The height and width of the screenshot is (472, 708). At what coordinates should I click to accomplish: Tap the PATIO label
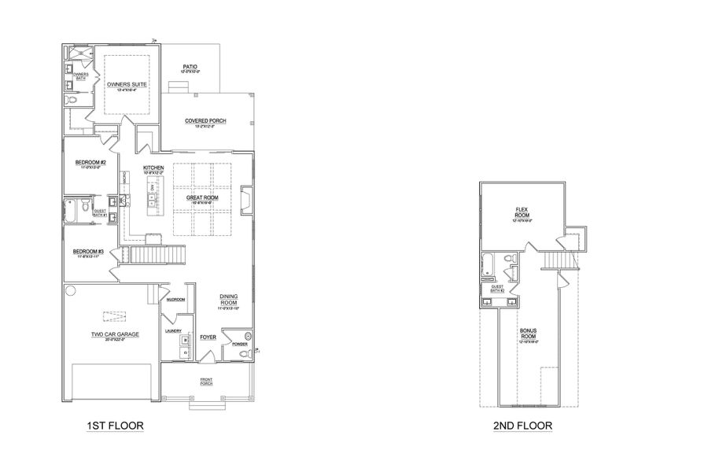pos(190,68)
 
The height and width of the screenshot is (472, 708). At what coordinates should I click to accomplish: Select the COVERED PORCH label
pos(205,120)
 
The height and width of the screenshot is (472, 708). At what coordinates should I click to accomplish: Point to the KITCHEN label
pos(153,168)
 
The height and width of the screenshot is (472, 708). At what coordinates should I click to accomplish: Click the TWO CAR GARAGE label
pos(115,334)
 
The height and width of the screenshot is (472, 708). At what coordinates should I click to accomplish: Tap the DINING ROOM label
pos(228,299)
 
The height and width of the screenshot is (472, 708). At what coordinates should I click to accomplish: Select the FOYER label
pos(208,337)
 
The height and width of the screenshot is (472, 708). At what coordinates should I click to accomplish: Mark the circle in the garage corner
pos(69,291)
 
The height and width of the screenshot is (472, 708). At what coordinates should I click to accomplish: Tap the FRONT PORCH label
pos(206,382)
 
